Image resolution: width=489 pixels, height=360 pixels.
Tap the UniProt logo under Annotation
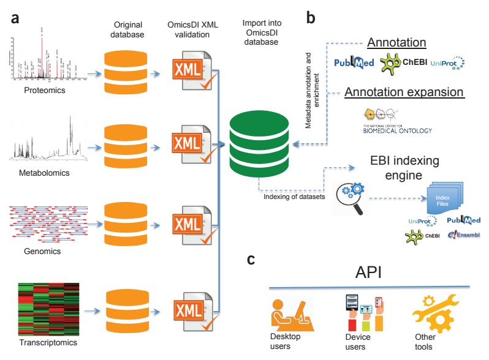tap(447, 63)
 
